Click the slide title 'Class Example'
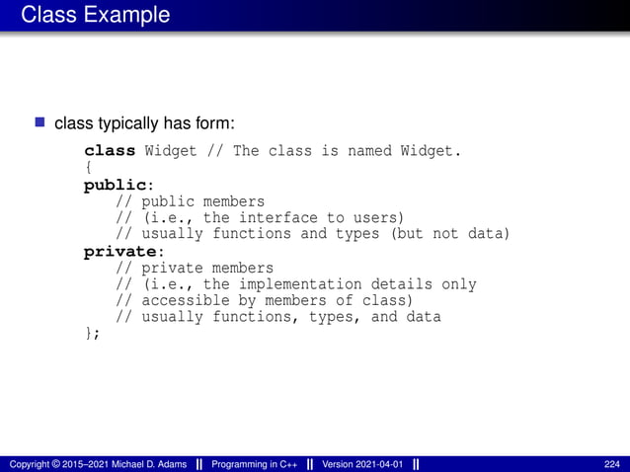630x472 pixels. pyautogui.click(x=95, y=15)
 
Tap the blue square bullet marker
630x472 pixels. pyautogui.click(x=40, y=123)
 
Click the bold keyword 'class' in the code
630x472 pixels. pyautogui.click(x=110, y=151)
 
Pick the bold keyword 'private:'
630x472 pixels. pyautogui.click(x=121, y=251)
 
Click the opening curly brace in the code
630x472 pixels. pyautogui.click(x=88, y=168)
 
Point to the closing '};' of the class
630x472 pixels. pyautogui.click(x=92, y=334)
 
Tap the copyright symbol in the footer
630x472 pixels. pyautogui.click(x=59, y=463)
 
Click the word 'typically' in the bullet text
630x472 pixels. pyautogui.click(x=124, y=123)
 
